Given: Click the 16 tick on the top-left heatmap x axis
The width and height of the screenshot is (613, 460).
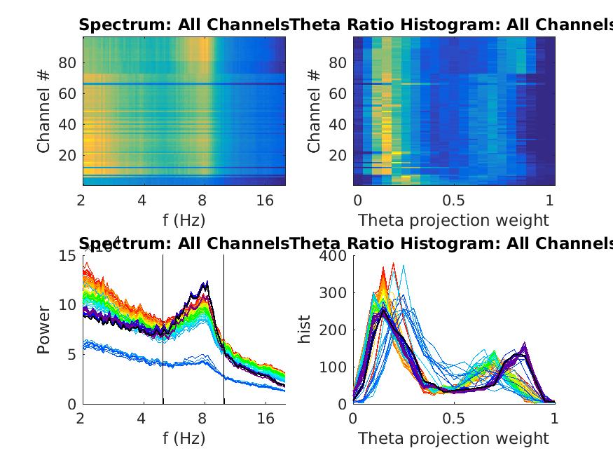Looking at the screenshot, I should [265, 201].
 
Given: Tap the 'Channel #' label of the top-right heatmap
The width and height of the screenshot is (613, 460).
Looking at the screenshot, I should [314, 110].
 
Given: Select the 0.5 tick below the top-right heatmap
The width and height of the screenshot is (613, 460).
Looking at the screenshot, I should [453, 201].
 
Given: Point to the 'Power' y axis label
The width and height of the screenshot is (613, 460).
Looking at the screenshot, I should [43, 330].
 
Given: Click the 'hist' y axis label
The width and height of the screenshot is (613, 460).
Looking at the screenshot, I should [304, 330].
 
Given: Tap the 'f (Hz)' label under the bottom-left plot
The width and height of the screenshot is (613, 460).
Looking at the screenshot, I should [184, 439].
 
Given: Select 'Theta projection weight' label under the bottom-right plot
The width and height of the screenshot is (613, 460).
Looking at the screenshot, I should [453, 439].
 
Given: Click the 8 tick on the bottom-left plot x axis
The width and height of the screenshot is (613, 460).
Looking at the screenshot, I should [203, 419].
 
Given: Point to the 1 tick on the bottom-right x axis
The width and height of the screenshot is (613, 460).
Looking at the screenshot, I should [554, 419].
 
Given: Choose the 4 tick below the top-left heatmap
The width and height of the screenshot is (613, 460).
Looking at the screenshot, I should [142, 201].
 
